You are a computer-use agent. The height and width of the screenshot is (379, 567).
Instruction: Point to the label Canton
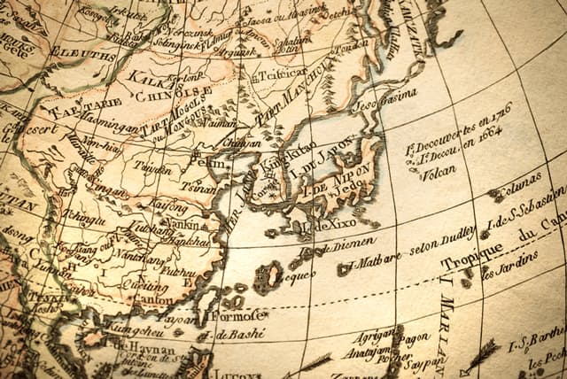coord(154,299)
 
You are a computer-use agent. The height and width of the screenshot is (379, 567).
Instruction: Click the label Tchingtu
coord(86,214)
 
